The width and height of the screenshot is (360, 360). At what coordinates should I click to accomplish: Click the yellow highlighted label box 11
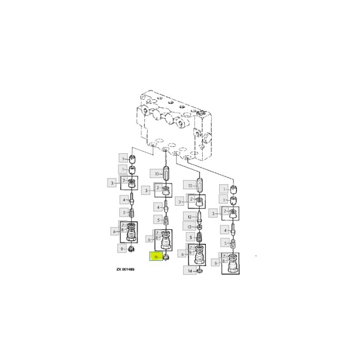pyautogui.click(x=155, y=256)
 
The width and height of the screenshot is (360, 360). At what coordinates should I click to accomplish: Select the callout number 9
pyautogui.click(x=122, y=250)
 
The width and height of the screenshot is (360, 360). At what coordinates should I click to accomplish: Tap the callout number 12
pyautogui.click(x=189, y=216)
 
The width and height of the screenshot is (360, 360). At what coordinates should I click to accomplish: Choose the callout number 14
pyautogui.click(x=189, y=271)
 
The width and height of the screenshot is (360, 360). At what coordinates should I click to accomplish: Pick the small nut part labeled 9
pyautogui.click(x=132, y=250)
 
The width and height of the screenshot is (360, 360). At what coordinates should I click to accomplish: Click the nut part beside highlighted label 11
pyautogui.click(x=167, y=256)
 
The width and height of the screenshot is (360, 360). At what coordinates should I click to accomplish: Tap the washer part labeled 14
pyautogui.click(x=200, y=271)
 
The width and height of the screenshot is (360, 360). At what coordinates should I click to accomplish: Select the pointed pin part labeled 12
pyautogui.click(x=199, y=217)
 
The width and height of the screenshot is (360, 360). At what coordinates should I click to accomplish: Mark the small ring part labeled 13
pyautogui.click(x=199, y=227)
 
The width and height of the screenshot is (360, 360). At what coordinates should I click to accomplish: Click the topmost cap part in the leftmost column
pyautogui.click(x=132, y=158)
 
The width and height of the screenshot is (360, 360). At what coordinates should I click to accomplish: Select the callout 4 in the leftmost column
pyautogui.click(x=123, y=199)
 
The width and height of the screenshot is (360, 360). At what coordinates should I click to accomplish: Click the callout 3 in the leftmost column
pyautogui.click(x=111, y=183)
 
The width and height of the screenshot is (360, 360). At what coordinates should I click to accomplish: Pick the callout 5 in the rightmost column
pyautogui.click(x=224, y=242)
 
